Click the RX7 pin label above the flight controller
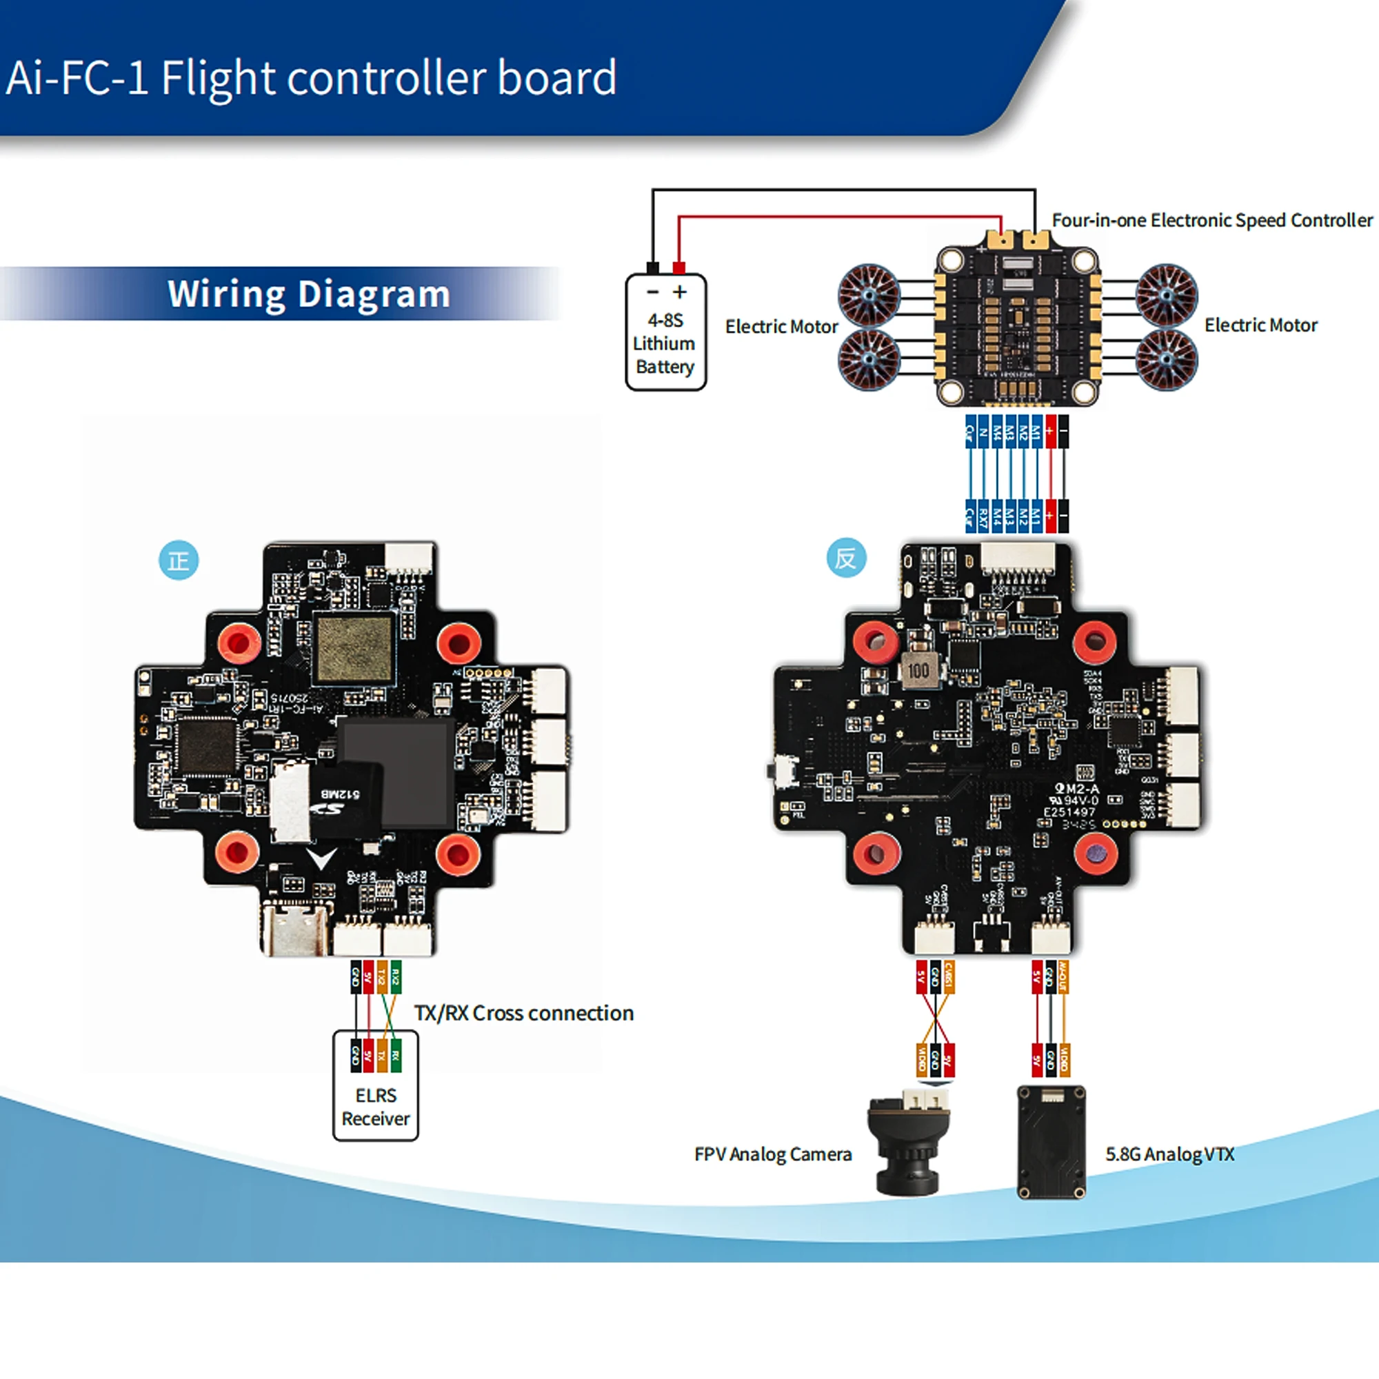pos(984,516)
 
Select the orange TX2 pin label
pos(383,976)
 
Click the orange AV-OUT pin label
pos(1063,976)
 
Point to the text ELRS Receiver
pos(376,1107)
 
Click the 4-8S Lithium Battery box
pos(665,333)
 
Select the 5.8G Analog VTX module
pos(1051,1143)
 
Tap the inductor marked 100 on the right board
pos(918,670)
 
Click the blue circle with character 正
pos(179,561)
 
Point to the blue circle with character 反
pos(846,558)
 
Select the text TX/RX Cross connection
pos(524,1013)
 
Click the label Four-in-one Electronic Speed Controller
pos(1212,221)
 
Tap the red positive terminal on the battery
pos(678,268)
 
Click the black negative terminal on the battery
pos(652,268)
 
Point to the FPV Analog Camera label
pos(773,1154)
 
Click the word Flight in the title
pos(218,77)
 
